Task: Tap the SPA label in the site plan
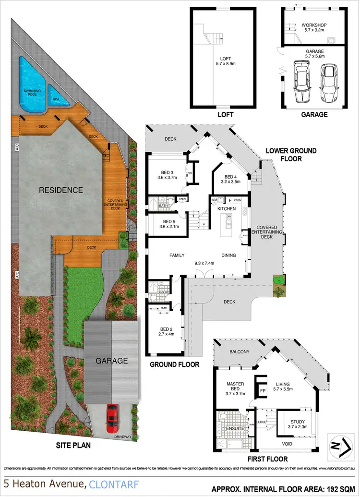click(57, 96)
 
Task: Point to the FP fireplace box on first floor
click(262, 391)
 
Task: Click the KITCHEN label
click(227, 209)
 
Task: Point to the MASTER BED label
click(236, 387)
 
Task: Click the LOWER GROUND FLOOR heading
click(291, 155)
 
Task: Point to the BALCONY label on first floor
click(240, 352)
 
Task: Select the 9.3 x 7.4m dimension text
click(206, 263)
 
